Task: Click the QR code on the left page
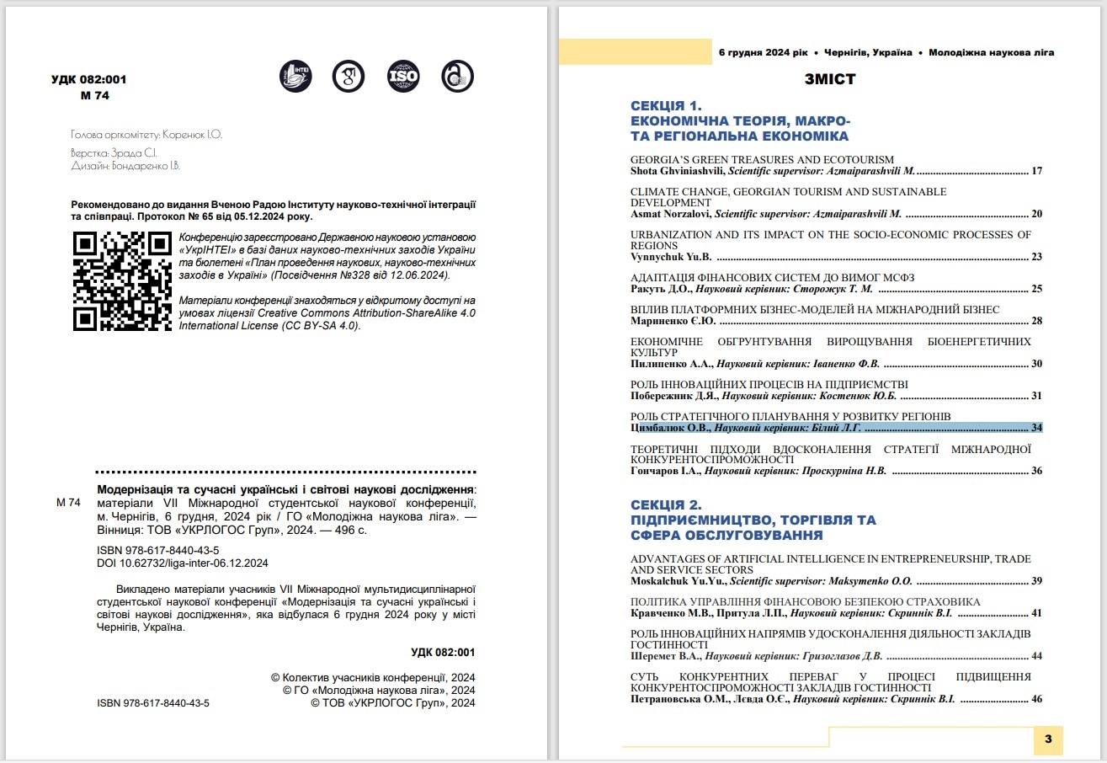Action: (122, 280)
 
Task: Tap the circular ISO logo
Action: (402, 77)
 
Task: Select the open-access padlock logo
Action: (457, 77)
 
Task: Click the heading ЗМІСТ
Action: (829, 80)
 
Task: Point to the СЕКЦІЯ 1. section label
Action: (666, 106)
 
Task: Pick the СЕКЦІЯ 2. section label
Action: (666, 505)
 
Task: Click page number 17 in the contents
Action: (1036, 171)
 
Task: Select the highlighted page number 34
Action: (1036, 428)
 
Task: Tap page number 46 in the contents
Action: (1036, 699)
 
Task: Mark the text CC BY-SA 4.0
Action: (324, 326)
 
